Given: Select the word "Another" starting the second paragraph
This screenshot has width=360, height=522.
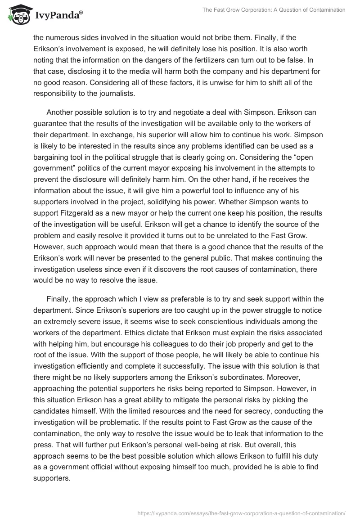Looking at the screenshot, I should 61,112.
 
